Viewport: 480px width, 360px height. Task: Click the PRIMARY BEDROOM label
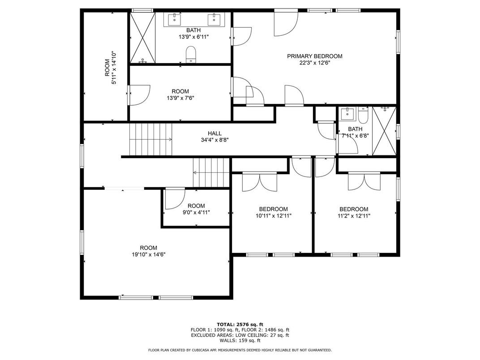315,56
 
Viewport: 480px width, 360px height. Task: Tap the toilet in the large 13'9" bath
191,55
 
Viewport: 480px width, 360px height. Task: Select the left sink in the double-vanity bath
175,19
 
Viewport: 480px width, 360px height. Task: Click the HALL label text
214,133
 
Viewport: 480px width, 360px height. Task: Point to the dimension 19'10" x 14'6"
149,254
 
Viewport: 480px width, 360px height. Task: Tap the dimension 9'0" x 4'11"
196,212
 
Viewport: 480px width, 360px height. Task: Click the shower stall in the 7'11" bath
384,131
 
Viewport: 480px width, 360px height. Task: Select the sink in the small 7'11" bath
347,114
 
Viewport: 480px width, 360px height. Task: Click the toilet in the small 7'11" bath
364,115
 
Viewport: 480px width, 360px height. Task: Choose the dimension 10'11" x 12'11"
274,216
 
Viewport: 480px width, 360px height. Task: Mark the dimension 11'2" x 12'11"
354,216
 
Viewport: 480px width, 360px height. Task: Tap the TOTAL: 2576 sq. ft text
240,325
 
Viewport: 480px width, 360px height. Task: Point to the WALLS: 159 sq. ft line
240,340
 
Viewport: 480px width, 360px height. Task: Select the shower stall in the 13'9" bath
143,38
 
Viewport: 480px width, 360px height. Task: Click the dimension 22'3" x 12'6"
315,63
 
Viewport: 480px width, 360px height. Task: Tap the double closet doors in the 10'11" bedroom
260,182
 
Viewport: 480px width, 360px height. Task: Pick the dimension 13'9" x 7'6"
180,98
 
